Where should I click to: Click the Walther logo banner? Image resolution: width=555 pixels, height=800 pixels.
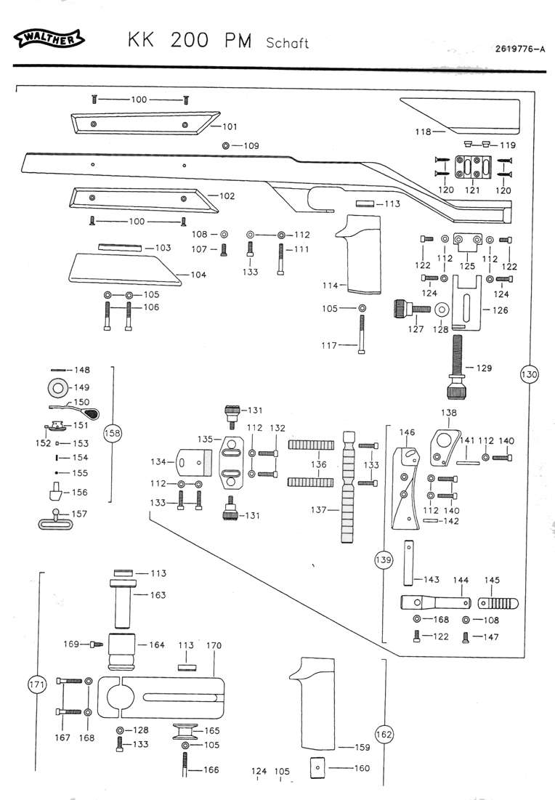coord(50,39)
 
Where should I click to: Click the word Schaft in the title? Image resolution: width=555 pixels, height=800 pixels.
coord(287,42)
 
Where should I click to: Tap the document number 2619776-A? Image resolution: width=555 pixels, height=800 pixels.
coord(520,49)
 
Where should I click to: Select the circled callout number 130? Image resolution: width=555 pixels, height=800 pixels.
coord(530,374)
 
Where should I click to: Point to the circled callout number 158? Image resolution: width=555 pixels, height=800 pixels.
coord(112,434)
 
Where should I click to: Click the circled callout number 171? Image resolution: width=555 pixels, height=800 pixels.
coord(37,684)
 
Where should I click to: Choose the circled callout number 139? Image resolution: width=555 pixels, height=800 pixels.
coord(383,559)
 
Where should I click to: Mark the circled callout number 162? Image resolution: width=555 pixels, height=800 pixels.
coord(384,734)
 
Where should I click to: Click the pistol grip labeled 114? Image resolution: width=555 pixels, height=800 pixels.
coord(359,254)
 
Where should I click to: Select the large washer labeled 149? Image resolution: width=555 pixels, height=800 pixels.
coord(57,388)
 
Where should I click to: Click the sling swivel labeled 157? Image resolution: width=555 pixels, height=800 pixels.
coord(54,520)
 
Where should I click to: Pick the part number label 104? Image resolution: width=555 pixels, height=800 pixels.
coord(198,275)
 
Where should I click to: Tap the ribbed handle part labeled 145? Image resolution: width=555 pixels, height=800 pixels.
coord(498,604)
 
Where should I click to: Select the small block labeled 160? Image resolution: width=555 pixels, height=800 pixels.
coord(317,768)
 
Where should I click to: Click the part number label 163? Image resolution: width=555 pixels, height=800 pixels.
coord(158,595)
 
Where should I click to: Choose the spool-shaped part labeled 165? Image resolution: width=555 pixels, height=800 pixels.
coord(184,732)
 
